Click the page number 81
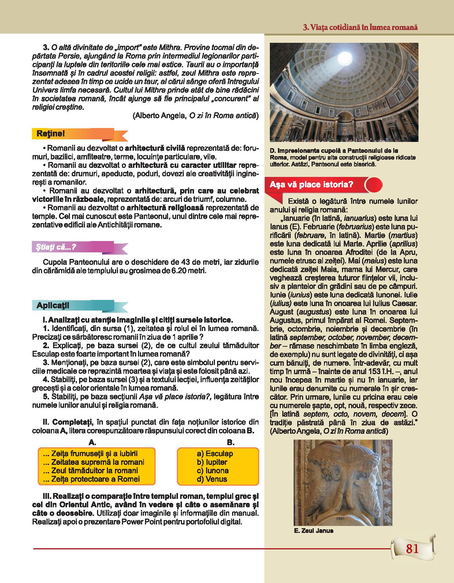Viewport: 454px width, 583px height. click(x=412, y=549)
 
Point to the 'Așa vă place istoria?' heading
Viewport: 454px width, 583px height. click(x=311, y=184)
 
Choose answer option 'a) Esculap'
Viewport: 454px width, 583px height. click(x=215, y=454)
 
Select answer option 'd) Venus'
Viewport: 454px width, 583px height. click(x=212, y=479)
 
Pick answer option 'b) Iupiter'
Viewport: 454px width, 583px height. click(x=212, y=462)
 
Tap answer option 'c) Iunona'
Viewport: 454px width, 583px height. click(x=212, y=471)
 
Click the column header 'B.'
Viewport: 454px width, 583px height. click(x=230, y=443)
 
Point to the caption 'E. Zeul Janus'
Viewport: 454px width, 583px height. click(x=313, y=531)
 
